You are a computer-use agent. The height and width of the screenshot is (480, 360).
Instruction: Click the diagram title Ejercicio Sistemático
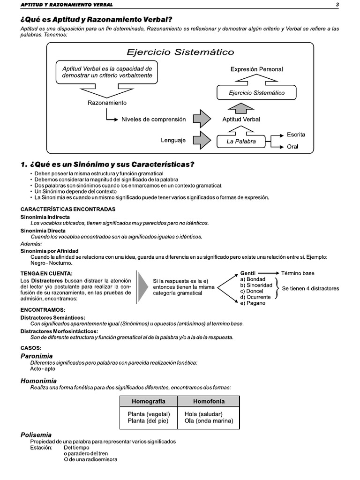(180, 52)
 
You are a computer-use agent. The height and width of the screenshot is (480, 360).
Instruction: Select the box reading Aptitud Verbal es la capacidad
(107, 72)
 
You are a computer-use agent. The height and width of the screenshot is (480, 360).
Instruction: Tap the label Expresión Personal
(256, 69)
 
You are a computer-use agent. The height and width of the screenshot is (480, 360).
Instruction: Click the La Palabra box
(241, 141)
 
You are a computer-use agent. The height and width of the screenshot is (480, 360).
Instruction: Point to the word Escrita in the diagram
(296, 135)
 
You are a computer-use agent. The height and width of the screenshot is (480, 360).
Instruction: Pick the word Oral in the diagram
(292, 147)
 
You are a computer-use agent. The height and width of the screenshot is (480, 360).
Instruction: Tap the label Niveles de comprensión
(154, 119)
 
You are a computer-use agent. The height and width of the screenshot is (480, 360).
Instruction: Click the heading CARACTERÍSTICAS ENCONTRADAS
(68, 209)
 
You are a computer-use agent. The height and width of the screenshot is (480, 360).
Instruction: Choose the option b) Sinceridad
(256, 285)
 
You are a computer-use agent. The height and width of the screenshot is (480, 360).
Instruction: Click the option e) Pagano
(253, 303)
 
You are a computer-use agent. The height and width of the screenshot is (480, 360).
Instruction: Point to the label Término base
(298, 273)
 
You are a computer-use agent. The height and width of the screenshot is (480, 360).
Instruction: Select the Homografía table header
(148, 401)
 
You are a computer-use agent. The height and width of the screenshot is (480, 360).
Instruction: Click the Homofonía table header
(209, 401)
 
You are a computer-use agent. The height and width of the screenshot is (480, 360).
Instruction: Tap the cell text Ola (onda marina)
(209, 421)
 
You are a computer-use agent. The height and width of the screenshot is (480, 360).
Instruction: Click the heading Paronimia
(37, 356)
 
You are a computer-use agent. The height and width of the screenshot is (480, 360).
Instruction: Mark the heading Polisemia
(36, 435)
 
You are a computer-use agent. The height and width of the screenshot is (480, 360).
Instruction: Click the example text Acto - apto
(43, 369)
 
